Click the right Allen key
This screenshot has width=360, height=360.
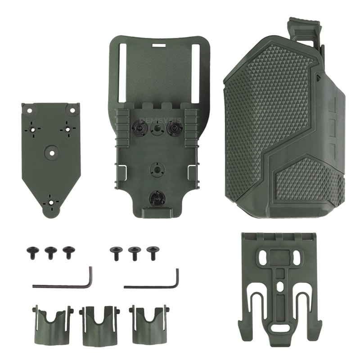(153, 285)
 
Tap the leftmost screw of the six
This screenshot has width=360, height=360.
(32, 251)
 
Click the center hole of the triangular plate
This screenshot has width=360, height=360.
(52, 153)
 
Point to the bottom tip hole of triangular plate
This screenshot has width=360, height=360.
(50, 203)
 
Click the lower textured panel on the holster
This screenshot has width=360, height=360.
(306, 180)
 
